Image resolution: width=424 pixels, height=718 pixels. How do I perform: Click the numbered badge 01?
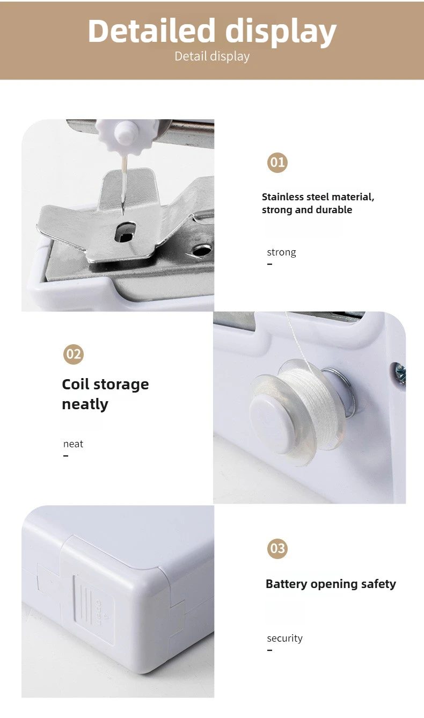point(277,163)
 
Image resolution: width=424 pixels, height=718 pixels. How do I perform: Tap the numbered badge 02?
point(74,354)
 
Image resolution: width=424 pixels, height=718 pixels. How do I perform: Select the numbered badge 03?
point(277,548)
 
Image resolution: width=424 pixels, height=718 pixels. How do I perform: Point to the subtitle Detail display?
point(212,56)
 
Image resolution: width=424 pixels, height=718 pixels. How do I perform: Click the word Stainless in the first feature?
point(283,197)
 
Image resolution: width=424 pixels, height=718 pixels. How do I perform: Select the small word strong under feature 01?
point(281,252)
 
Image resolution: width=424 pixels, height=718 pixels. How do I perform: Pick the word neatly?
point(85,404)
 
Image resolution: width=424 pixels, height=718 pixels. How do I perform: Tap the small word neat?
point(73,444)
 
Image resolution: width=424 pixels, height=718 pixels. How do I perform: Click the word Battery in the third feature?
point(286,584)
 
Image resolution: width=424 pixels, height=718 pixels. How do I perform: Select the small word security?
point(284,638)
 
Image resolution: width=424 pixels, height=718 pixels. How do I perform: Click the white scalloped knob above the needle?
point(125,135)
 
